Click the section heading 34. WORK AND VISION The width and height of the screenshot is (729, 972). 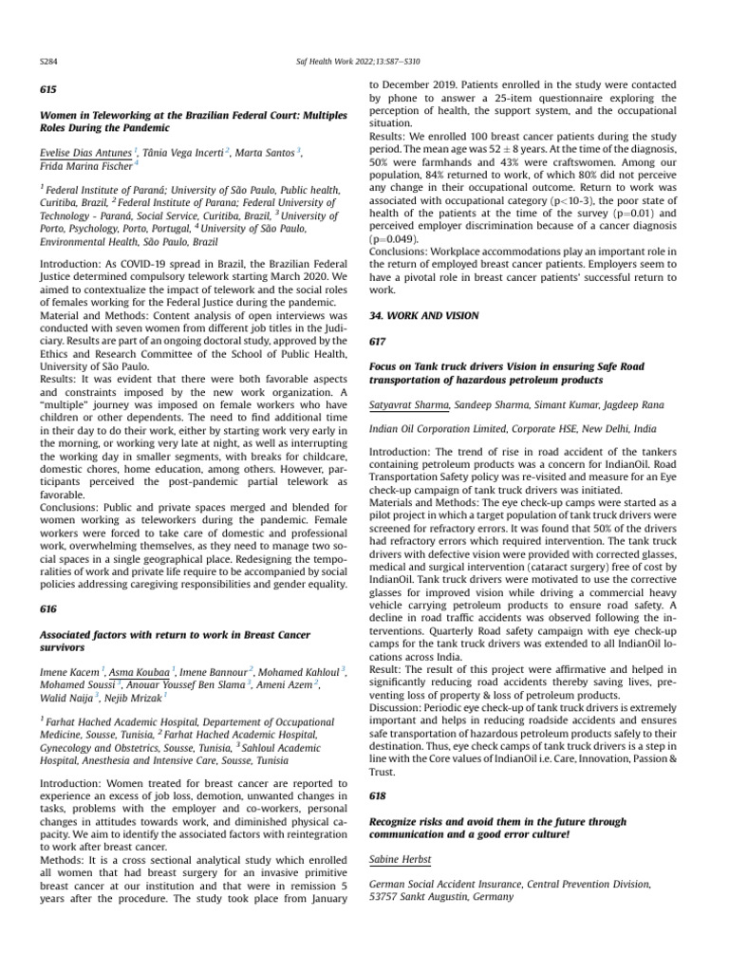pos(423,314)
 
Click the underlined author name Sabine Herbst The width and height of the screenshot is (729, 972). pos(400,860)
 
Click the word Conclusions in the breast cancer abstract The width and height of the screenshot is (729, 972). pos(399,252)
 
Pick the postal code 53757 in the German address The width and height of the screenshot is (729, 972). pos(384,897)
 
